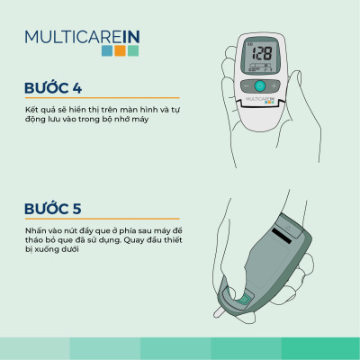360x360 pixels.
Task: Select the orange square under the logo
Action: coord(120,51)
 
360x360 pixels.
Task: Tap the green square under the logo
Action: coord(133,51)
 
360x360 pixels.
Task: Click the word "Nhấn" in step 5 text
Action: coord(35,230)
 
